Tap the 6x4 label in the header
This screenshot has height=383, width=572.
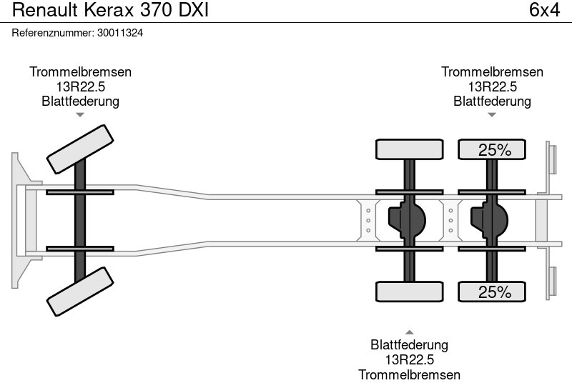(543, 11)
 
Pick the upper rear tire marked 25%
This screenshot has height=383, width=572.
(492, 149)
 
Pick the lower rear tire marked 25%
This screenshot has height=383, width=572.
(492, 292)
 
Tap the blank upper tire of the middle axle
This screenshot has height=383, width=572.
(410, 149)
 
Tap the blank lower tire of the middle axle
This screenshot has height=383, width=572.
(410, 292)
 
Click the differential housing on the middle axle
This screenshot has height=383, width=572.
(405, 220)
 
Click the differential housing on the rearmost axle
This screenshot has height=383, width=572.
(488, 220)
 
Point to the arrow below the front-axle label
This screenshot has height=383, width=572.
(80, 114)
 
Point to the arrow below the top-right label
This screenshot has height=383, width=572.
(492, 114)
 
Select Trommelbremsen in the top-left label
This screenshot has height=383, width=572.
(80, 72)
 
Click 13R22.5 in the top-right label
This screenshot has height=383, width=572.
(492, 86)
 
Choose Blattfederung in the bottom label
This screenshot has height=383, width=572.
(410, 345)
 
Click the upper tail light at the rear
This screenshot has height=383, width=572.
(552, 158)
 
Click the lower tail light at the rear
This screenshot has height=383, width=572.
(552, 282)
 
